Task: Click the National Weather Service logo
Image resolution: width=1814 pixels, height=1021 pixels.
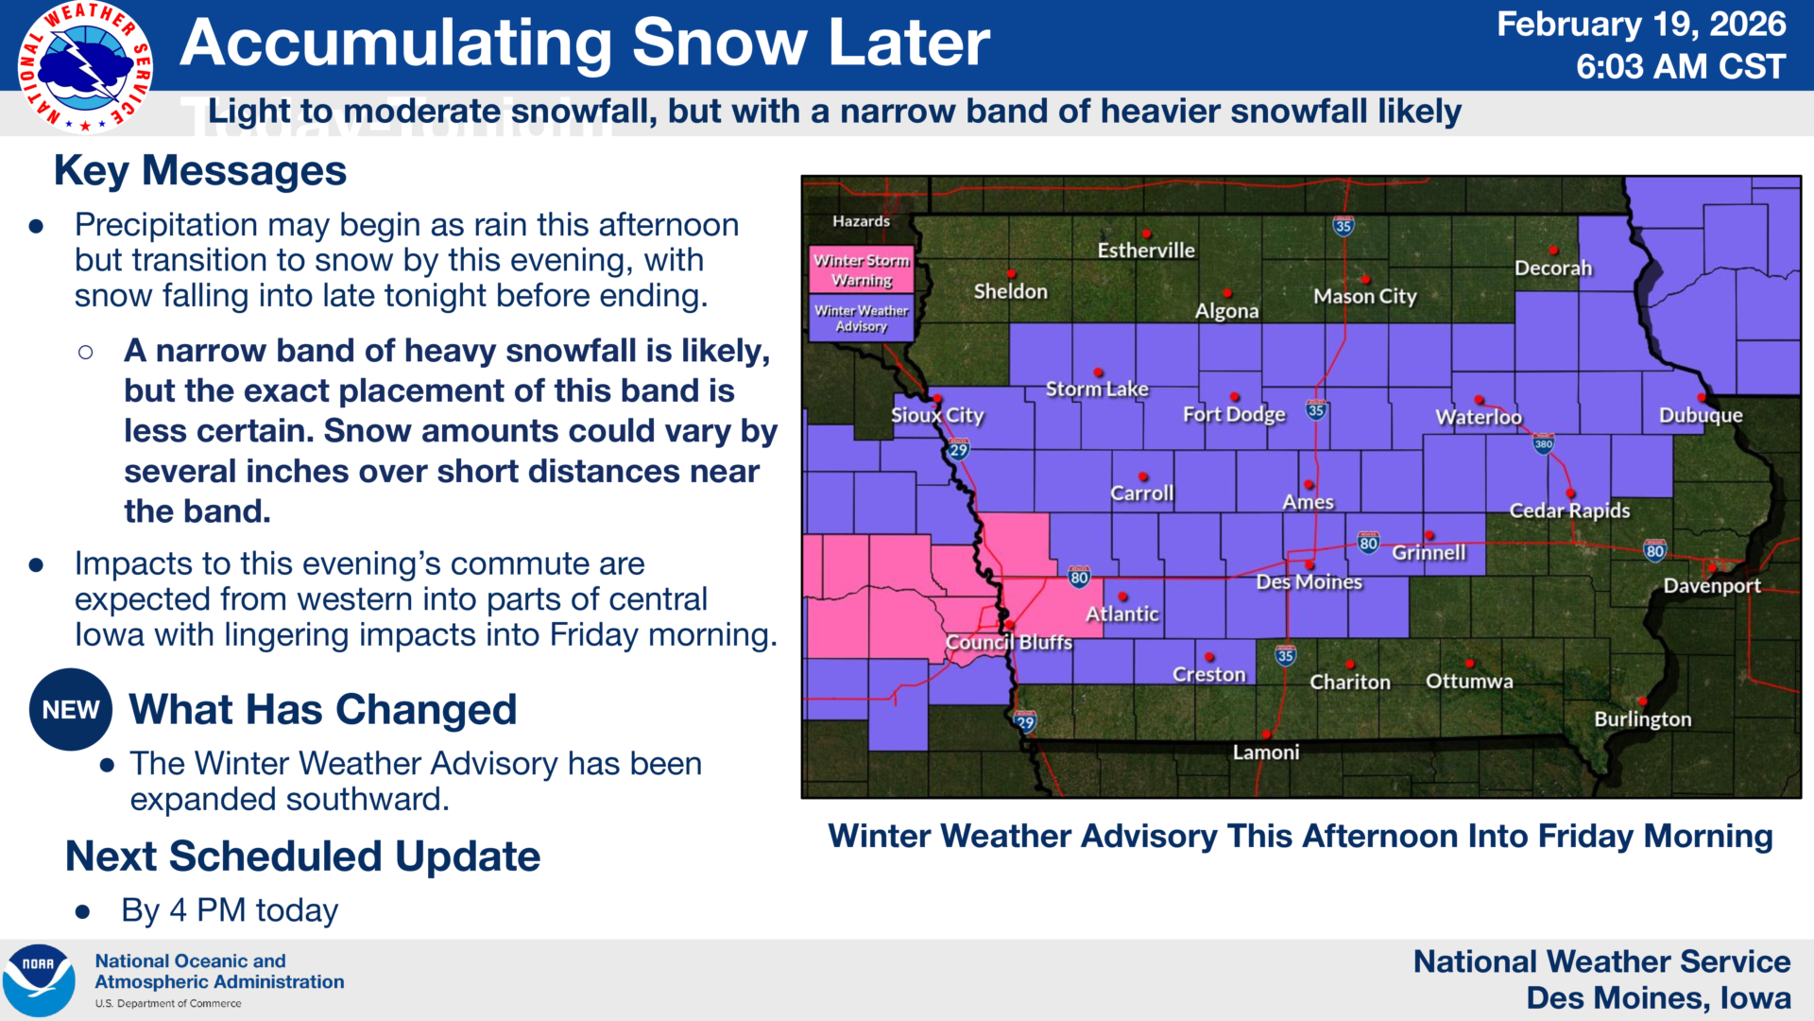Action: (86, 67)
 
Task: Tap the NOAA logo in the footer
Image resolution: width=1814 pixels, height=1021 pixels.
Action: (40, 979)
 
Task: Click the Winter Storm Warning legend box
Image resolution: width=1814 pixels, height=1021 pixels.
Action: (862, 269)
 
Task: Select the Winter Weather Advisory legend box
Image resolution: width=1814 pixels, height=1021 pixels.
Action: (862, 318)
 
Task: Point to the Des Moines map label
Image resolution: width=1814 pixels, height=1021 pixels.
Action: (1309, 582)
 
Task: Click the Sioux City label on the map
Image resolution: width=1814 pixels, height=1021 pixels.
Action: (937, 415)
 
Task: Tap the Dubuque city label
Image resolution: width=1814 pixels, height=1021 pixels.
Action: (1701, 415)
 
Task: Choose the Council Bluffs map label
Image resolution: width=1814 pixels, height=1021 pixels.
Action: (1009, 642)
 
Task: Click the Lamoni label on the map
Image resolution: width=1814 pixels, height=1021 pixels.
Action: (1266, 753)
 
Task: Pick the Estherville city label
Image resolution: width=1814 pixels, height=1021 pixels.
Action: (1146, 251)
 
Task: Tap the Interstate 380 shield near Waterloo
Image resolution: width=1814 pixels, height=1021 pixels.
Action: (1543, 443)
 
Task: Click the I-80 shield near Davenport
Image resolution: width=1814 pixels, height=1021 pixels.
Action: (1654, 550)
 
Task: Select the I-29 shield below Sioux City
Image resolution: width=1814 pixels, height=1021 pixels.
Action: (959, 449)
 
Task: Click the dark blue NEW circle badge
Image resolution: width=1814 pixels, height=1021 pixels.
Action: (71, 710)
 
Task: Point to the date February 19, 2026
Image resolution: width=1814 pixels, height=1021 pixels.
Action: (1641, 24)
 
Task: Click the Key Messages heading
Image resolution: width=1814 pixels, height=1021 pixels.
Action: (200, 171)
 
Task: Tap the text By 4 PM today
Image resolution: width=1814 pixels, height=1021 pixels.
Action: (230, 910)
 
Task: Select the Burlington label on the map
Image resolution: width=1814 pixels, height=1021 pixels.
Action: (1643, 719)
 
